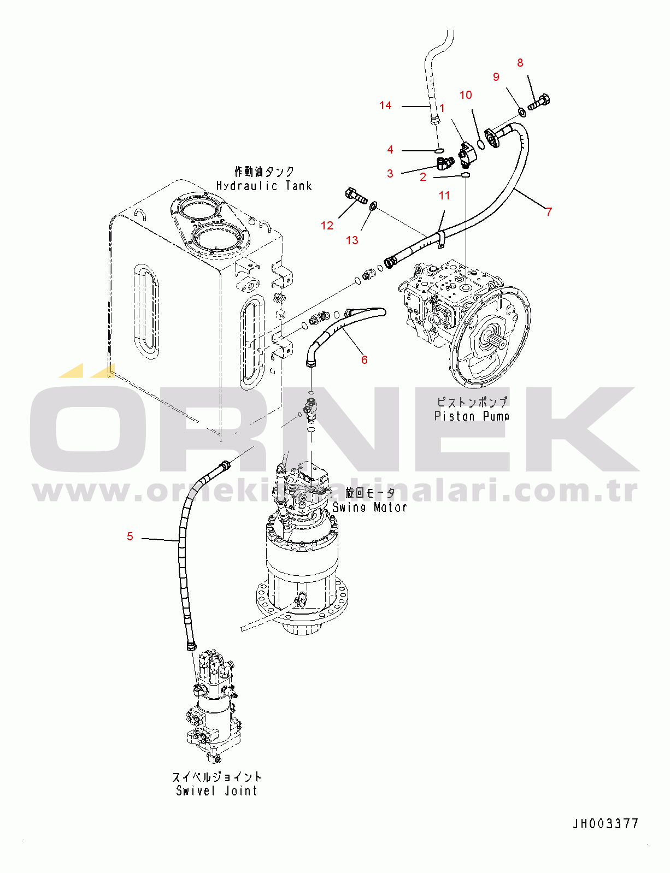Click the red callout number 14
pyautogui.click(x=385, y=105)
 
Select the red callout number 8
pyautogui.click(x=520, y=63)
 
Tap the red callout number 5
pyautogui.click(x=130, y=536)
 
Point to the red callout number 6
pyautogui.click(x=364, y=359)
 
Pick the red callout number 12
pyautogui.click(x=327, y=226)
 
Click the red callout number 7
pyautogui.click(x=549, y=211)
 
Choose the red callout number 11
pyautogui.click(x=444, y=196)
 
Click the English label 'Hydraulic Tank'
pyautogui.click(x=264, y=186)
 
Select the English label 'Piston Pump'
pyautogui.click(x=472, y=416)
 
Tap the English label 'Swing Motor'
pyautogui.click(x=369, y=507)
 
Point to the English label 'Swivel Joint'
pyautogui.click(x=216, y=791)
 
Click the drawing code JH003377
pyautogui.click(x=606, y=823)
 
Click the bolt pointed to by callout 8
pyautogui.click(x=539, y=102)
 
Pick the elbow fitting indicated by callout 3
pyautogui.click(x=445, y=162)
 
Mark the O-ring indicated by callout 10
pyautogui.click(x=481, y=144)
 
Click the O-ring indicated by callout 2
pyautogui.click(x=465, y=175)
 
